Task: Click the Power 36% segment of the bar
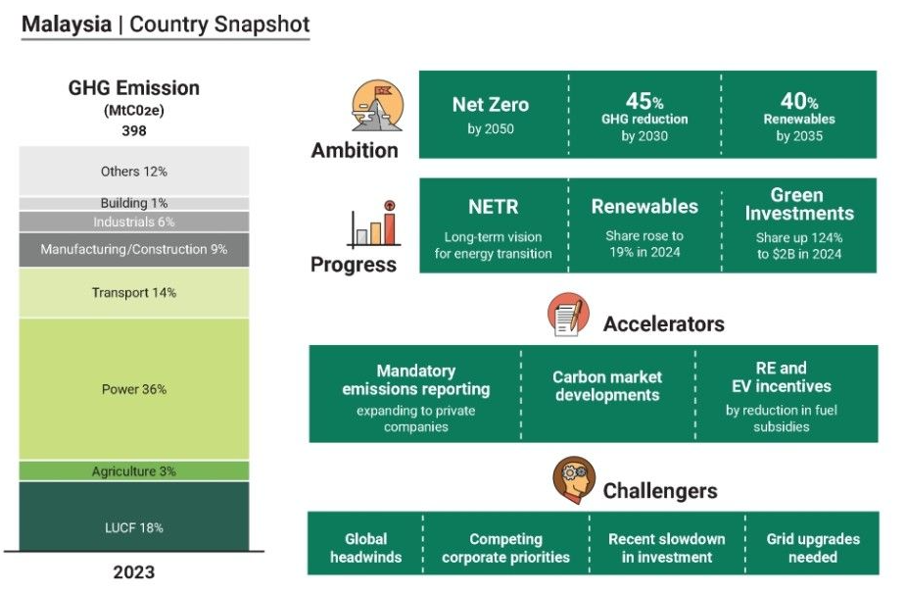coord(134,389)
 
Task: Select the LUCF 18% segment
coord(134,527)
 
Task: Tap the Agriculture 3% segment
coord(134,471)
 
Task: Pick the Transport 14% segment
coord(134,292)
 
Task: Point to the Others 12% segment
coord(134,172)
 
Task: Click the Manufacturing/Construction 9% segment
coord(134,250)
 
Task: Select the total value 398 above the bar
coord(134,130)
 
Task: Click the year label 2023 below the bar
coord(134,572)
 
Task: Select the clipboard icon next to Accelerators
coord(569,316)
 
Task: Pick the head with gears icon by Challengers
coord(573,480)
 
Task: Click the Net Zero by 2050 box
coord(490,115)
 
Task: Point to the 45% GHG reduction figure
coord(644,101)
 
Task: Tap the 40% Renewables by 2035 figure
coord(798,101)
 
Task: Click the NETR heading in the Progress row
coord(493,208)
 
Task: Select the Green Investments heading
coord(798,204)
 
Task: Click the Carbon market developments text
coord(607,386)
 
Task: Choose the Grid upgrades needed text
coord(813,548)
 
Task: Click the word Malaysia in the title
coord(67,25)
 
